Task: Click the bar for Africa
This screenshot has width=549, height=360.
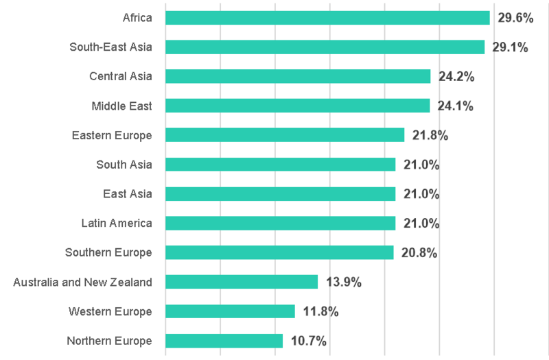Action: click(327, 18)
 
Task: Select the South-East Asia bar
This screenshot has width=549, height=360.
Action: click(325, 47)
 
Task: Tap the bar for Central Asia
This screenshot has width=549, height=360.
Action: click(298, 76)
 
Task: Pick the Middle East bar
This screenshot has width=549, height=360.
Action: click(297, 106)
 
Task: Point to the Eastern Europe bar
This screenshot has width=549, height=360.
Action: click(285, 135)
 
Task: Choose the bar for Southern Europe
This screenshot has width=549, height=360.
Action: click(279, 252)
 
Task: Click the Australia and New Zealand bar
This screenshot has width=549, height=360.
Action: click(242, 282)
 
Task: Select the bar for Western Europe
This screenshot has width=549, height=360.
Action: click(230, 311)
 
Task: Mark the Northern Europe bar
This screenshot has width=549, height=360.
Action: click(224, 341)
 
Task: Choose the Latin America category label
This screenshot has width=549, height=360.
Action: click(117, 223)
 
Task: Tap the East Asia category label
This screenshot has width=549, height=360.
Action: click(128, 194)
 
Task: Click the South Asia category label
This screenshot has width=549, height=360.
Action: click(124, 165)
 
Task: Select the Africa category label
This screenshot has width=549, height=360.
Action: click(137, 18)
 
